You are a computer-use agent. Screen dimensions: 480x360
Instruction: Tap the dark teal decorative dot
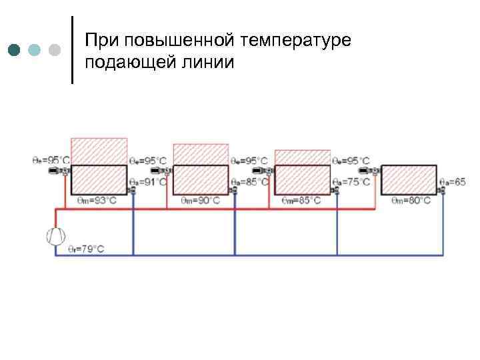(x=14, y=50)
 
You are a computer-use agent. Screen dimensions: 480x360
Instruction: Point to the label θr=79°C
(x=86, y=249)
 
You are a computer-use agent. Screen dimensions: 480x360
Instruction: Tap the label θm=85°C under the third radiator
(x=301, y=199)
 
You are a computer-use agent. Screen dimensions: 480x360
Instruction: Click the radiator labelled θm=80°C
(x=409, y=179)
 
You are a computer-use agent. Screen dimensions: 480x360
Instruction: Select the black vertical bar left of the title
(x=72, y=50)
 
